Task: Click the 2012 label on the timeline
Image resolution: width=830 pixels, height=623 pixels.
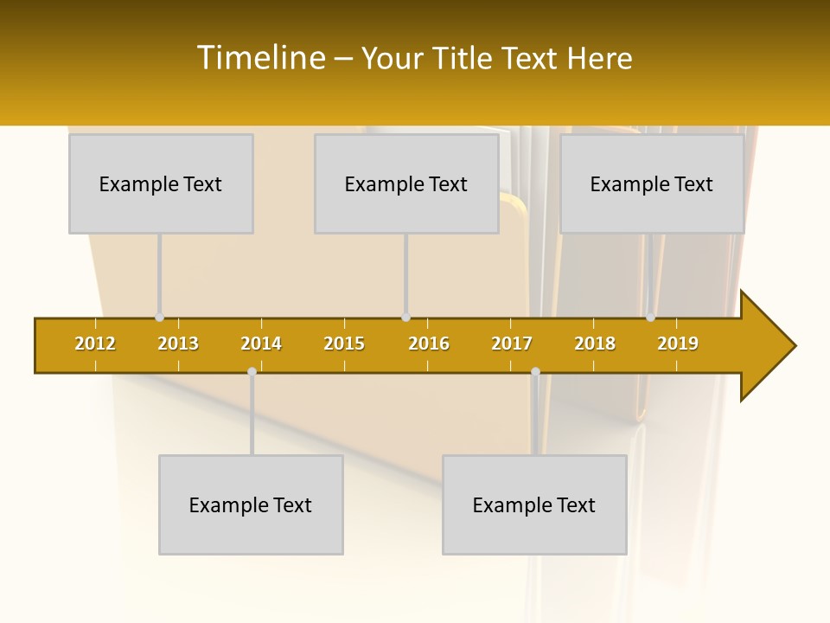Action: coord(95,344)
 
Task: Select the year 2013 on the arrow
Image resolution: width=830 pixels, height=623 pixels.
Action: coord(178,344)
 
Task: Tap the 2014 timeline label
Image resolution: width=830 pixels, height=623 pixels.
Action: coord(261,344)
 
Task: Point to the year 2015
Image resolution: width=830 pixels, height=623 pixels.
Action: coord(344,344)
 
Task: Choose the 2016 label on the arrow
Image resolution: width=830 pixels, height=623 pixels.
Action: coord(429,344)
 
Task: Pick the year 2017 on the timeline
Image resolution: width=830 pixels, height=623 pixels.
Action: coord(512,344)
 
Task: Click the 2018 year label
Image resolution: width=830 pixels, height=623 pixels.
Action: coord(595,344)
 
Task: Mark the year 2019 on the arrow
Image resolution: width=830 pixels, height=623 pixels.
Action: coord(678,344)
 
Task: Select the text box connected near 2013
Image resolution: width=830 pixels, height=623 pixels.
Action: coord(161,183)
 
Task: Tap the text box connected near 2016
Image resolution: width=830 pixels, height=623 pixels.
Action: coord(406,183)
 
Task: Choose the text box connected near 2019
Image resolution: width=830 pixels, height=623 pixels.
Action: coord(652,183)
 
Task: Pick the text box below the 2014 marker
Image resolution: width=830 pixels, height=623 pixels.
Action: coord(251,504)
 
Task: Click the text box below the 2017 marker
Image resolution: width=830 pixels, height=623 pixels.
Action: coord(534,504)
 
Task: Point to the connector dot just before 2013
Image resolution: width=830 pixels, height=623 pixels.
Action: coord(159,318)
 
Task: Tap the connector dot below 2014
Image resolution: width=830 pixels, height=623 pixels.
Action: coord(252,371)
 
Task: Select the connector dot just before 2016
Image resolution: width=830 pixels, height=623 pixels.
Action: coord(405,318)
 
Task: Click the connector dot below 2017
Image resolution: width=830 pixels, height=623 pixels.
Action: coord(535,371)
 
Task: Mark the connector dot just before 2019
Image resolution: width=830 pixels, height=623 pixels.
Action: coord(650,318)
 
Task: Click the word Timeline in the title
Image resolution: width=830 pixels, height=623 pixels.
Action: coord(260,58)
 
